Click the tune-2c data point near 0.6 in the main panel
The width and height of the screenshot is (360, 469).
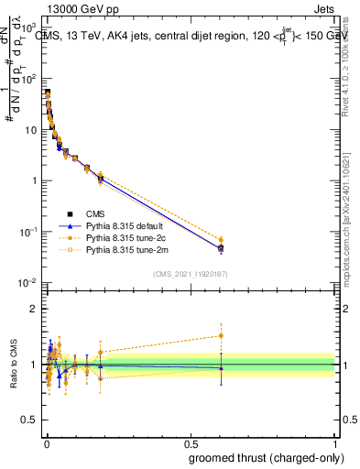pos(221,240)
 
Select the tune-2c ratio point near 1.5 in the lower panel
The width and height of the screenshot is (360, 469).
pos(221,335)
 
